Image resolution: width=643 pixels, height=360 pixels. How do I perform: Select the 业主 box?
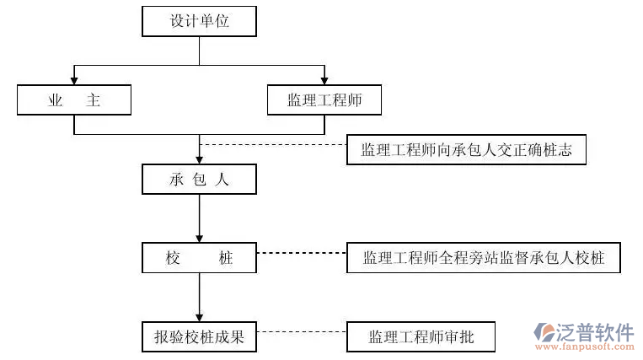(74, 99)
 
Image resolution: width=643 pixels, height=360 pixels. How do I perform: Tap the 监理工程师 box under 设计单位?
(324, 99)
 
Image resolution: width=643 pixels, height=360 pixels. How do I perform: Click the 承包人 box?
(199, 179)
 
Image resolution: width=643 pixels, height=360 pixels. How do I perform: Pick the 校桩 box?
(199, 258)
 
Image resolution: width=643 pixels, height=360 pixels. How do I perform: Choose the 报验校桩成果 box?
(199, 337)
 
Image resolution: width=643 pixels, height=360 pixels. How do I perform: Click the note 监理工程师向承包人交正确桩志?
(465, 152)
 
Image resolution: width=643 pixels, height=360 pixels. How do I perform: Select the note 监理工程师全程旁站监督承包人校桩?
(483, 258)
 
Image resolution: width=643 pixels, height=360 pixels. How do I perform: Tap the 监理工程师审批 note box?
(421, 337)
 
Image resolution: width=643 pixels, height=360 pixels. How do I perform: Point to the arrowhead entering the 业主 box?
(74, 81)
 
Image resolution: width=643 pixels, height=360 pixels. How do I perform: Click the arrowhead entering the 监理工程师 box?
(324, 81)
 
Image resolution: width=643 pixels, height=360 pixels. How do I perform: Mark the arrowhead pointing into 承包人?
(199, 159)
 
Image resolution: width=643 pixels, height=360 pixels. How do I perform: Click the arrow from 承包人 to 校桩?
(199, 218)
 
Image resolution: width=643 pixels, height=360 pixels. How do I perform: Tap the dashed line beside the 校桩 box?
(301, 252)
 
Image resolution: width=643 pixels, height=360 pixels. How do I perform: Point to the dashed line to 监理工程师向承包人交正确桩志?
(272, 144)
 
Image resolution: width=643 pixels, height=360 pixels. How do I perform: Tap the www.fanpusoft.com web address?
(585, 347)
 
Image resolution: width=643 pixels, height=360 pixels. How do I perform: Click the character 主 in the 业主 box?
(94, 99)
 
